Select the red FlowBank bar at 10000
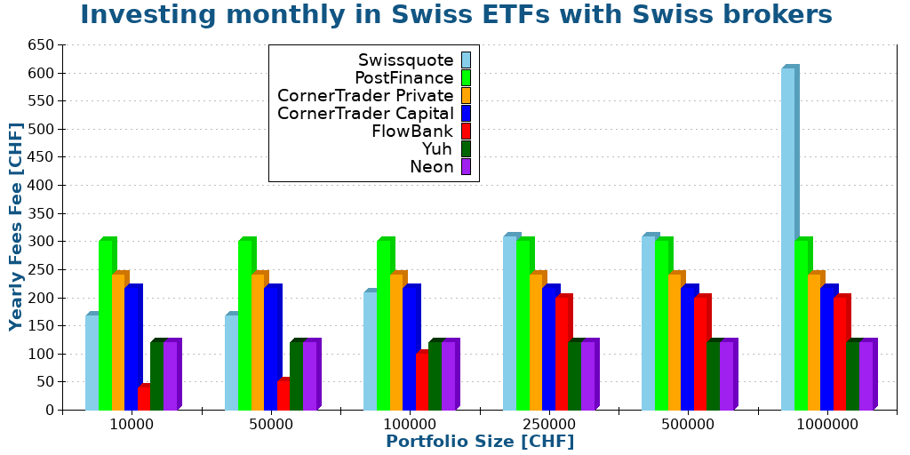click(143, 398)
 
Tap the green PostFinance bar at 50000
click(244, 325)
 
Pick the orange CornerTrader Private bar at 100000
click(396, 342)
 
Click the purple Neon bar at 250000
click(587, 375)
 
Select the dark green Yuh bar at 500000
click(713, 375)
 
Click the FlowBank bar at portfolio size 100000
click(422, 382)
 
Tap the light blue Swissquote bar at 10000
click(92, 363)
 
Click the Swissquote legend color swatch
click(466, 60)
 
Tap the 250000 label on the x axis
click(549, 425)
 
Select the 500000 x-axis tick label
click(688, 425)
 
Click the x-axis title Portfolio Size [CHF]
click(480, 442)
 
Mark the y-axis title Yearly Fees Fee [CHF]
click(16, 227)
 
